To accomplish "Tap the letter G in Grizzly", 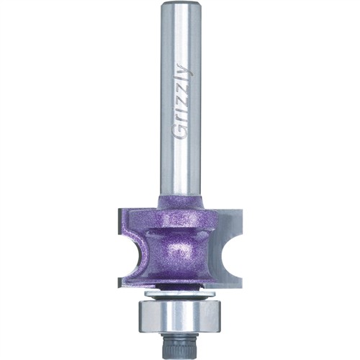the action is click(181, 132).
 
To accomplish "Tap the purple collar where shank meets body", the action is click(181, 202).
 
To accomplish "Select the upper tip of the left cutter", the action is click(119, 210).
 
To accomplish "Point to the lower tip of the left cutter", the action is click(119, 286).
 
